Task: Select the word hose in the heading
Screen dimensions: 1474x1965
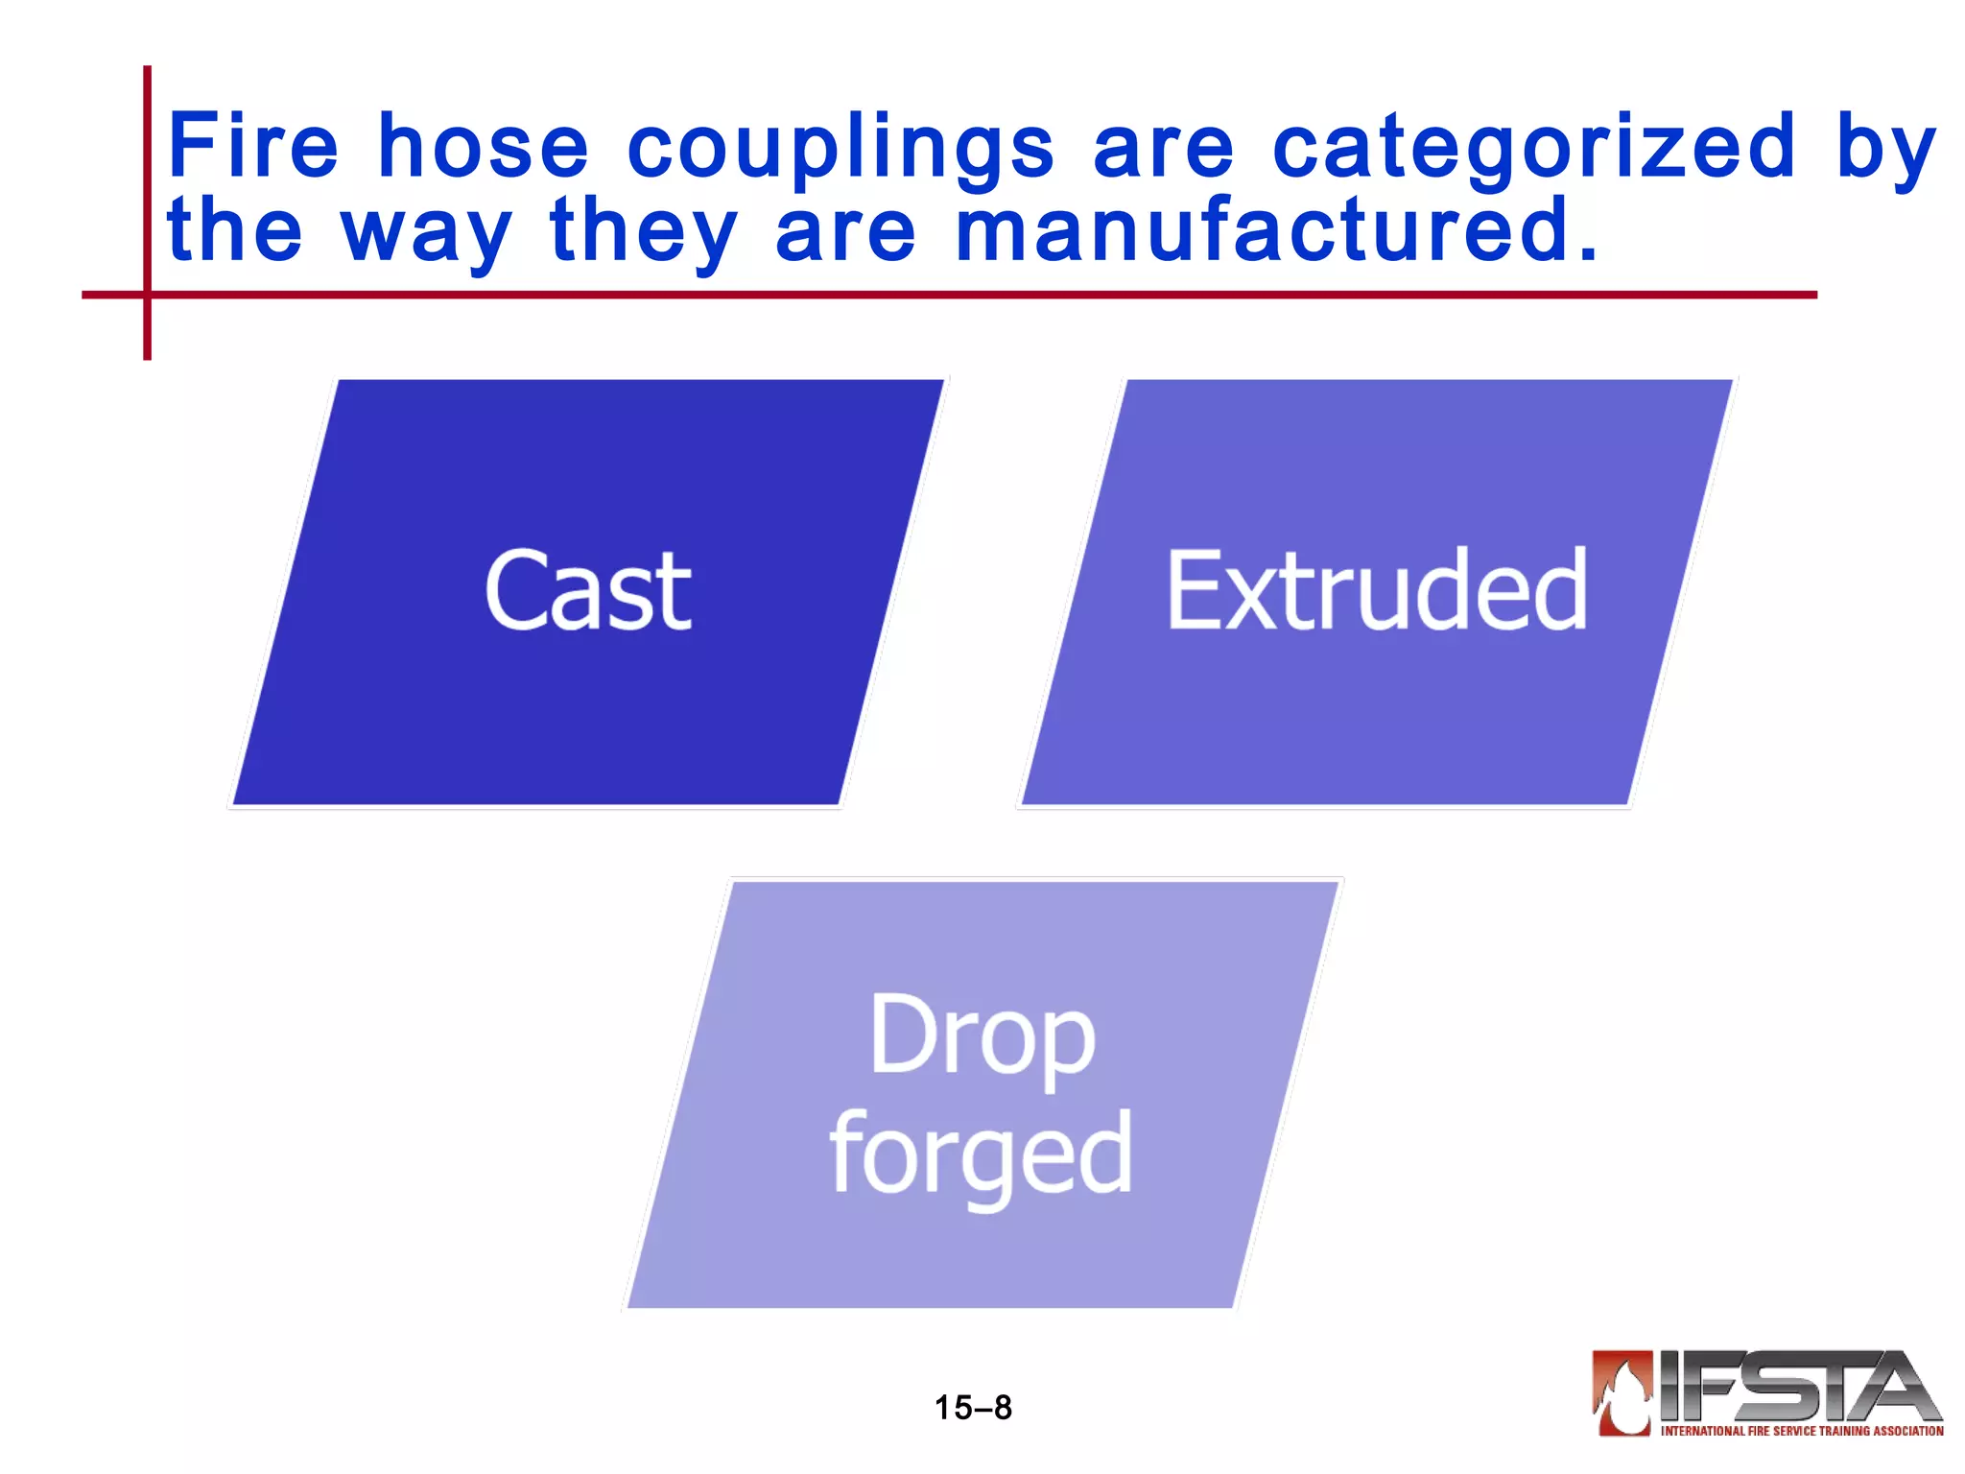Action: (x=484, y=146)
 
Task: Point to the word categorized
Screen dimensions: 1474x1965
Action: (x=1533, y=146)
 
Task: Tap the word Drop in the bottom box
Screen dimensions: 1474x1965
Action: (x=982, y=1037)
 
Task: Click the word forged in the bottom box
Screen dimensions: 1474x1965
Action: (x=981, y=1154)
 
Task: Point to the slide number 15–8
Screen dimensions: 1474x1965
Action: (x=973, y=1408)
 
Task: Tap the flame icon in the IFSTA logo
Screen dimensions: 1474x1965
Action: (x=1622, y=1391)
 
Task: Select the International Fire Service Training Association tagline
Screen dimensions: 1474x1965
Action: (x=1802, y=1431)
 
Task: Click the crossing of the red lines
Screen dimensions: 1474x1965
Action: (x=147, y=295)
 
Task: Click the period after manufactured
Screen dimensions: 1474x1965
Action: (x=1588, y=255)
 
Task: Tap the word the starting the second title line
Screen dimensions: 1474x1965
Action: (x=235, y=230)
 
